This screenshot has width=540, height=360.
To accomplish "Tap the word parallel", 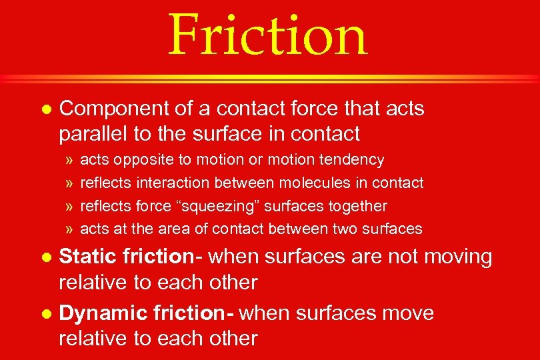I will click(x=92, y=133).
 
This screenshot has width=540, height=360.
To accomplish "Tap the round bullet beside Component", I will click(x=46, y=108).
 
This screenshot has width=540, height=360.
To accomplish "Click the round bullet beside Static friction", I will click(x=46, y=257).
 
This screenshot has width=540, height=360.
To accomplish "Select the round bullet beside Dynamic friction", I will click(x=46, y=313).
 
